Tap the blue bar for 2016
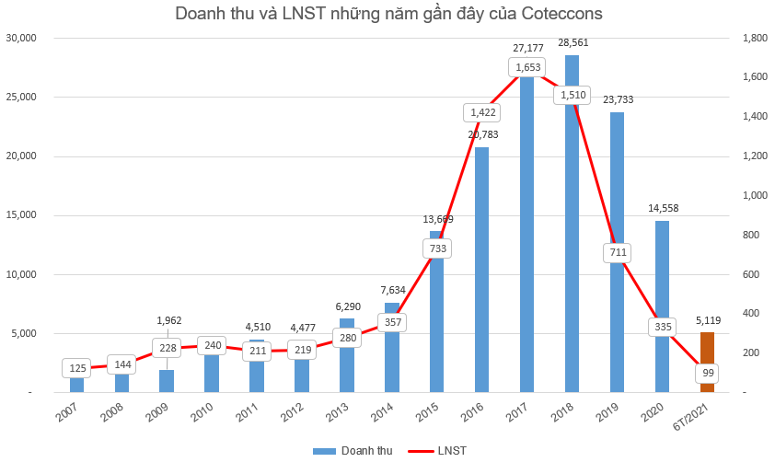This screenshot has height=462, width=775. point(481,276)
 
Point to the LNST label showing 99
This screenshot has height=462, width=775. point(707,374)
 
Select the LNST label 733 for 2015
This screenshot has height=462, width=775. point(436,248)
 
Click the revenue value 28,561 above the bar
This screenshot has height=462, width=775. point(572,42)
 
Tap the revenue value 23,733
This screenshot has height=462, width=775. point(617,99)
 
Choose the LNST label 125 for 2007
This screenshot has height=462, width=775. point(77,369)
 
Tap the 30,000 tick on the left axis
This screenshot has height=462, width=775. point(19,38)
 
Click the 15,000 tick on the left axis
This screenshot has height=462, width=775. point(19,215)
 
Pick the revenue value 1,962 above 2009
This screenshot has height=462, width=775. point(168,320)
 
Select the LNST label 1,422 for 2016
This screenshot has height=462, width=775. point(481,112)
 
